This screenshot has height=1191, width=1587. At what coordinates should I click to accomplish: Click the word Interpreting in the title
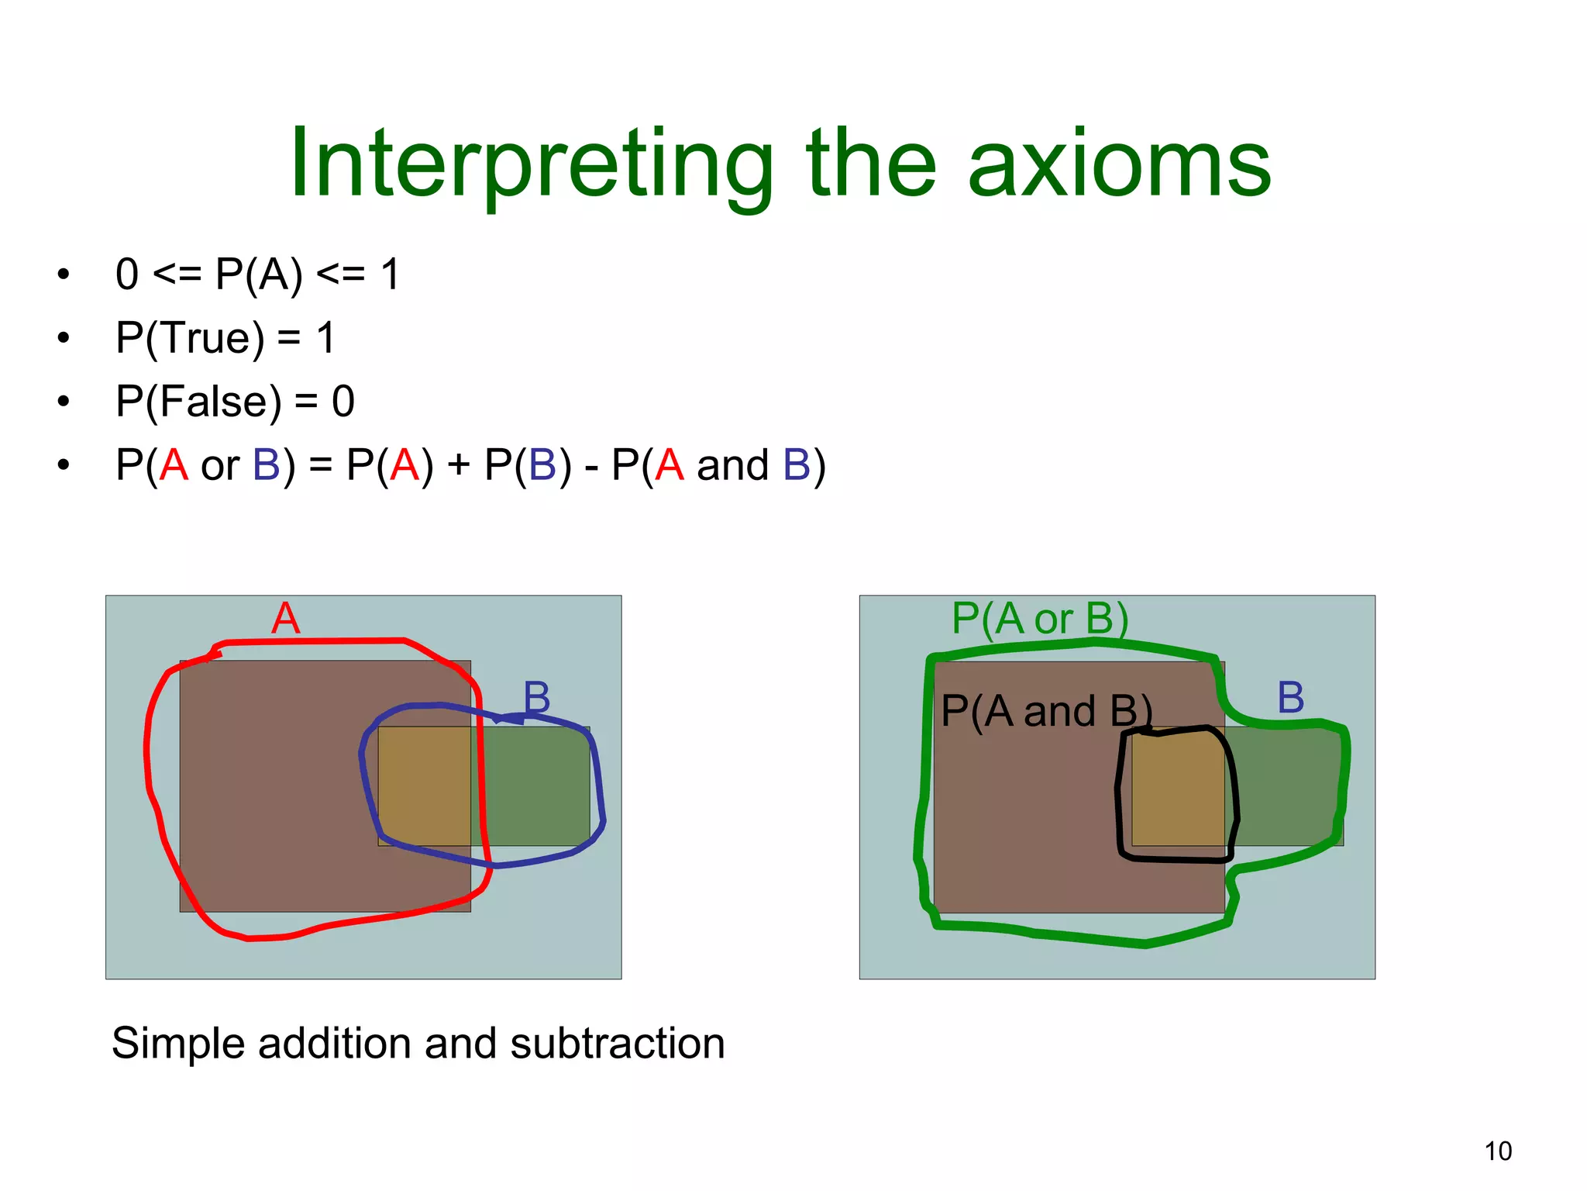point(531,164)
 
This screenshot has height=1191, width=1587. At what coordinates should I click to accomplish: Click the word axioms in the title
point(1119,164)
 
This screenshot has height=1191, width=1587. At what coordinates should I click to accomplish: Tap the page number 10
point(1498,1151)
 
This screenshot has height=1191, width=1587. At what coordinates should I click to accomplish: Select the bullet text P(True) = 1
point(225,338)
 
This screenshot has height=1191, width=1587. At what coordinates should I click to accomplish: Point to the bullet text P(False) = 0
point(235,402)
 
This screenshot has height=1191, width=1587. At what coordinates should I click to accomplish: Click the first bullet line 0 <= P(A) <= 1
point(257,274)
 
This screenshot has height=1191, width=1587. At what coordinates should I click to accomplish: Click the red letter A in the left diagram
point(285,619)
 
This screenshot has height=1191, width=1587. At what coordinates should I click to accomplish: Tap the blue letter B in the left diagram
point(536,697)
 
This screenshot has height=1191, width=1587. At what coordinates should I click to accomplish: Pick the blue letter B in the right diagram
point(1290,697)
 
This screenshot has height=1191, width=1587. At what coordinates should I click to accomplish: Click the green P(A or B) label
point(1040,619)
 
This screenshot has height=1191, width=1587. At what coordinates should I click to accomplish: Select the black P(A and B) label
point(1046,711)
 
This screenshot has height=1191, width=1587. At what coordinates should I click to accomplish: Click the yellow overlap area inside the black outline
point(1178,791)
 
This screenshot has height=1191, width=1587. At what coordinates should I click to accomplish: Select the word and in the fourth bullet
point(732,465)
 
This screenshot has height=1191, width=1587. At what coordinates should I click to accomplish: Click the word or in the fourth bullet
point(220,465)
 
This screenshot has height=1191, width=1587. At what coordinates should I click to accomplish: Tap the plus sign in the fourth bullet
point(459,465)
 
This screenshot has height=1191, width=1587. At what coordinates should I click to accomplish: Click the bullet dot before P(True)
point(64,338)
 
